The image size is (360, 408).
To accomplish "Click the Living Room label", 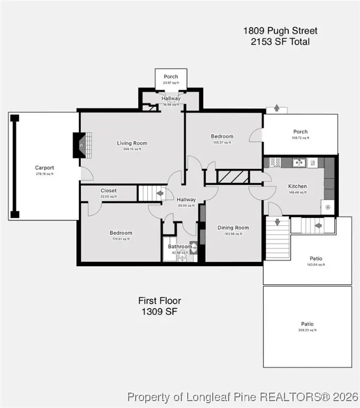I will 132,143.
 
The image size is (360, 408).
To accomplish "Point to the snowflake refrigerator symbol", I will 328,207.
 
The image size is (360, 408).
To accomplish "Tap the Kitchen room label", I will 297,186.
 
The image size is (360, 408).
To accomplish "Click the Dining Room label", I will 233,228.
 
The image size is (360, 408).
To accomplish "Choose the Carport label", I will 45,168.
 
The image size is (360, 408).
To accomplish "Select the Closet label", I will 108,190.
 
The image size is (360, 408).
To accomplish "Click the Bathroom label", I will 180,246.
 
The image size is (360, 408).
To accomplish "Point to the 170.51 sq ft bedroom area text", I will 121,239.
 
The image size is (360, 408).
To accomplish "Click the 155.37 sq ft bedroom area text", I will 222,142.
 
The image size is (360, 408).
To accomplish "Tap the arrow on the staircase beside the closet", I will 159,193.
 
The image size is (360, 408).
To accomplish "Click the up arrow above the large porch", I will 277,108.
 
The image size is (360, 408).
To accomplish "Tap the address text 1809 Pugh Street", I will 280,31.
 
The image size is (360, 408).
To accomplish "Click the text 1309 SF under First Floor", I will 159,312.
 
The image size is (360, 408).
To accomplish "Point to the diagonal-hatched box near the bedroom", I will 232,177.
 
